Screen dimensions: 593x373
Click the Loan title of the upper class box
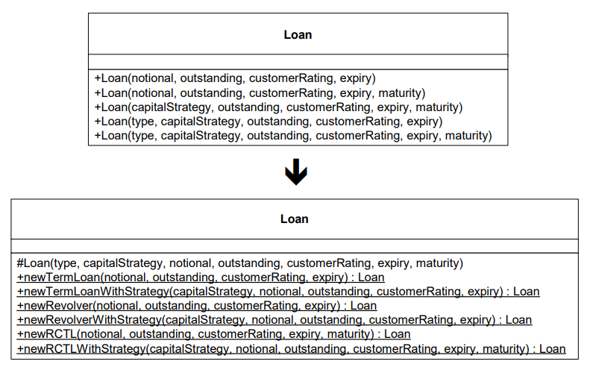(x=298, y=35)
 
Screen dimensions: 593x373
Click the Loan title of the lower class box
(x=294, y=219)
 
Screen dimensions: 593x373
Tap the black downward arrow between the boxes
(x=296, y=172)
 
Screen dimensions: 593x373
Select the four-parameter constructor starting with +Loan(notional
(x=235, y=78)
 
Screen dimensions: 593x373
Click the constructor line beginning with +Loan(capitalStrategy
(x=278, y=107)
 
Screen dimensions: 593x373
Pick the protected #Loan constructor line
(x=239, y=263)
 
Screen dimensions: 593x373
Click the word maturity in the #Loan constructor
(x=437, y=263)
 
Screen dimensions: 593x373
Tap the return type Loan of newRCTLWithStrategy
(x=552, y=349)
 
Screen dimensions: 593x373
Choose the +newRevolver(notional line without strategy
(x=197, y=306)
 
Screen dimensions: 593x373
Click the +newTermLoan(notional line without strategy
(x=201, y=278)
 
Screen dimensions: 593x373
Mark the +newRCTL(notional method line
(x=213, y=334)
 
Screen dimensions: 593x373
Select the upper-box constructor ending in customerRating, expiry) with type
(x=268, y=122)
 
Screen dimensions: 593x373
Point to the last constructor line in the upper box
(x=293, y=136)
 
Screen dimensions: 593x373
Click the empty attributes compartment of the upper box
(x=298, y=62)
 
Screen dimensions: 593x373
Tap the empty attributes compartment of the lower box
(x=295, y=246)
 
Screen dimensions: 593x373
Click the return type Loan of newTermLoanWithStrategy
(x=526, y=292)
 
